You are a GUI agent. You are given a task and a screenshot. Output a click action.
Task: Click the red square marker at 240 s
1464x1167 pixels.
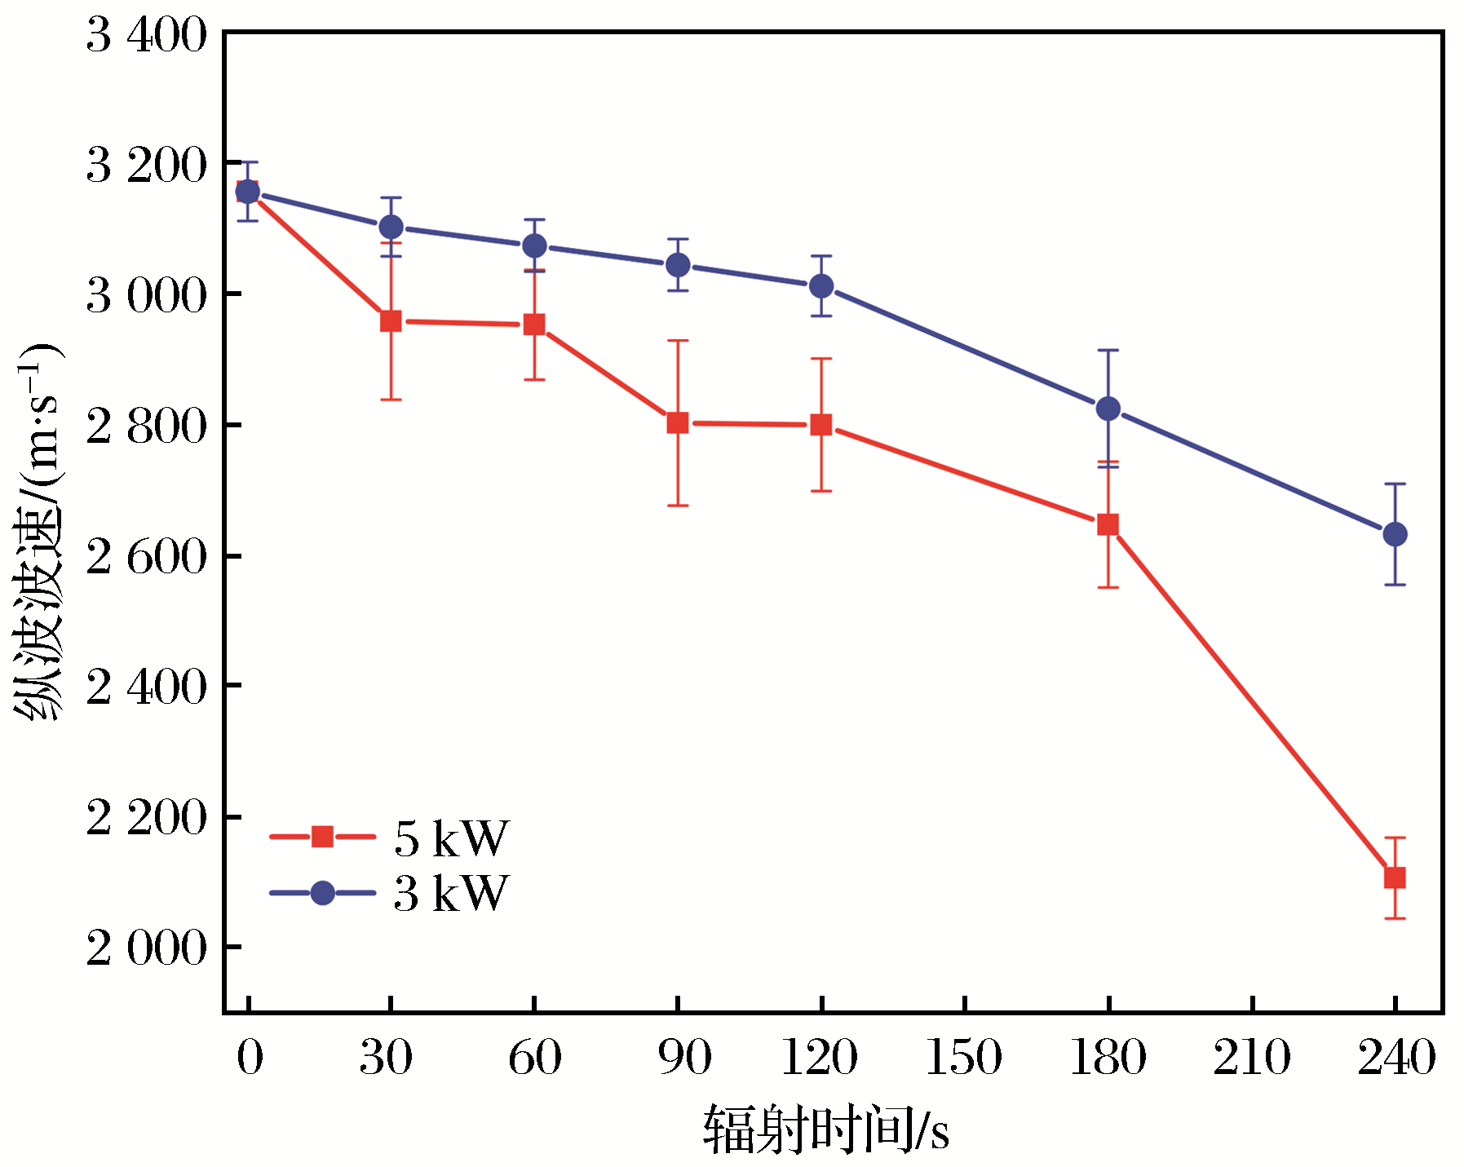point(1395,877)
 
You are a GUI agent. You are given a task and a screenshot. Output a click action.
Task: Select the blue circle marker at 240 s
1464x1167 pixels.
point(1395,534)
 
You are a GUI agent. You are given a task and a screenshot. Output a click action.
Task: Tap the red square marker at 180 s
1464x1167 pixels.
point(1108,524)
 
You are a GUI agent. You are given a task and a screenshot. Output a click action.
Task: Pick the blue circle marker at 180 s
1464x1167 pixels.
point(1108,409)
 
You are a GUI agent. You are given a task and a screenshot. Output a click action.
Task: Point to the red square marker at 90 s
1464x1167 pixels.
point(678,422)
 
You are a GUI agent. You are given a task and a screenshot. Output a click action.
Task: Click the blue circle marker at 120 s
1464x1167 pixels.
point(821,286)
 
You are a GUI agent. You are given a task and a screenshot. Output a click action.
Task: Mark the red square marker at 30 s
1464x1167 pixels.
point(391,320)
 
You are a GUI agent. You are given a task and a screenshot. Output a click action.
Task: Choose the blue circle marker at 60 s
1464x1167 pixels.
point(534,245)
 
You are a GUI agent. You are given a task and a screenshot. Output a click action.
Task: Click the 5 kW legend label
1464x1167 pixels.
point(451,838)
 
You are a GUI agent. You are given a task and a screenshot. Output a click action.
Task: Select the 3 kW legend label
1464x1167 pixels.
point(451,893)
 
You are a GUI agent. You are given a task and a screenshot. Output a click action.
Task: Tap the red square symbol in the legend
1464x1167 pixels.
point(322,837)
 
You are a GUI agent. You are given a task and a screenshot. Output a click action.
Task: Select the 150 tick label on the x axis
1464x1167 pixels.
point(964,1058)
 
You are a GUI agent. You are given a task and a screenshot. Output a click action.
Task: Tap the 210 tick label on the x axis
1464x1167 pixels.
point(1251,1058)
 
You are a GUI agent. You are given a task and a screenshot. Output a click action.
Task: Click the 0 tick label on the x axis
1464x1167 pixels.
point(250,1058)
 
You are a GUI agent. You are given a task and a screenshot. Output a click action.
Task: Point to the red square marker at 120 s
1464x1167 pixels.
point(821,425)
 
